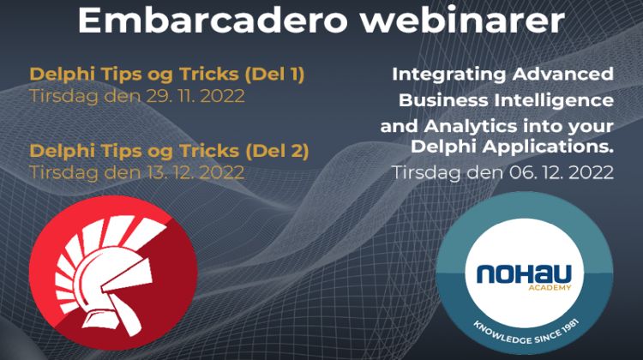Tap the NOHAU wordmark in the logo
click(x=524, y=274)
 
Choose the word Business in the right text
click(x=438, y=99)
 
